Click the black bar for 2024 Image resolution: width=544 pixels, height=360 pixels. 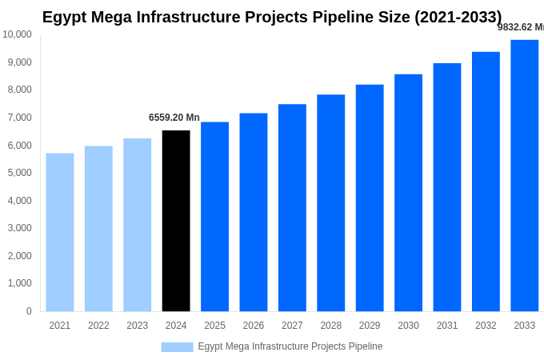coord(176,221)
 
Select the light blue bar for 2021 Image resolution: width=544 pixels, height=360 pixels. coord(60,232)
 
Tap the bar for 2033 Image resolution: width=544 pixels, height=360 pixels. coord(525,175)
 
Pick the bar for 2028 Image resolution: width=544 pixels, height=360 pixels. coord(331,202)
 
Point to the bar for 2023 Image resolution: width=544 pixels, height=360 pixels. coord(138,225)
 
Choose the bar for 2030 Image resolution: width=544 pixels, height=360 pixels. coord(408,193)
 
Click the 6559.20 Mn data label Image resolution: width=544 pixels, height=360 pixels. coord(174,118)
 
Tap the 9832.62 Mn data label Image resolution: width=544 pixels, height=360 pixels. coord(521,27)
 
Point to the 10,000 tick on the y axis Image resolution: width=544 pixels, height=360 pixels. coord(17,34)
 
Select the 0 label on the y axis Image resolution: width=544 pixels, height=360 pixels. coord(29,311)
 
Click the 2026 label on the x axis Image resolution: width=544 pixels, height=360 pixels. coord(254,326)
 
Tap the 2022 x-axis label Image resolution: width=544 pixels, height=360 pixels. coord(98,326)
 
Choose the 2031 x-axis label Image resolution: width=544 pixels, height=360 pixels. coord(447,326)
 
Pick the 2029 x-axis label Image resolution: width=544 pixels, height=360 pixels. coord(370,326)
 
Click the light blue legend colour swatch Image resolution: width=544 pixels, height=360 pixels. coord(177,347)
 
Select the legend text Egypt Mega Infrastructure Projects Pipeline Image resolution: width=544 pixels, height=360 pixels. coord(290,346)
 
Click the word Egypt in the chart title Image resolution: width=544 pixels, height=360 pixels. coord(65,17)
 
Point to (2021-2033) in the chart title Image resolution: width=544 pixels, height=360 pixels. coord(458,17)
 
